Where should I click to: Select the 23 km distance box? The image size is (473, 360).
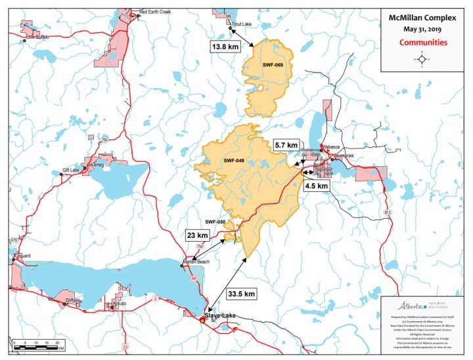[x=197, y=235]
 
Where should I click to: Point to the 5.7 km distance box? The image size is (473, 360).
[x=286, y=145]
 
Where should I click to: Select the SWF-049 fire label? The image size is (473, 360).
[x=234, y=160]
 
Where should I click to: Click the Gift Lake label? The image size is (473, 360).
[x=70, y=170]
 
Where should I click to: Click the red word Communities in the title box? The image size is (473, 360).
[x=423, y=42]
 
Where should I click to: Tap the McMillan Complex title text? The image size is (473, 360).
[x=423, y=18]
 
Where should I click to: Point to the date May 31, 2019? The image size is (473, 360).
[x=423, y=30]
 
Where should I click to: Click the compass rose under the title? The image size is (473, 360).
[x=422, y=59]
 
